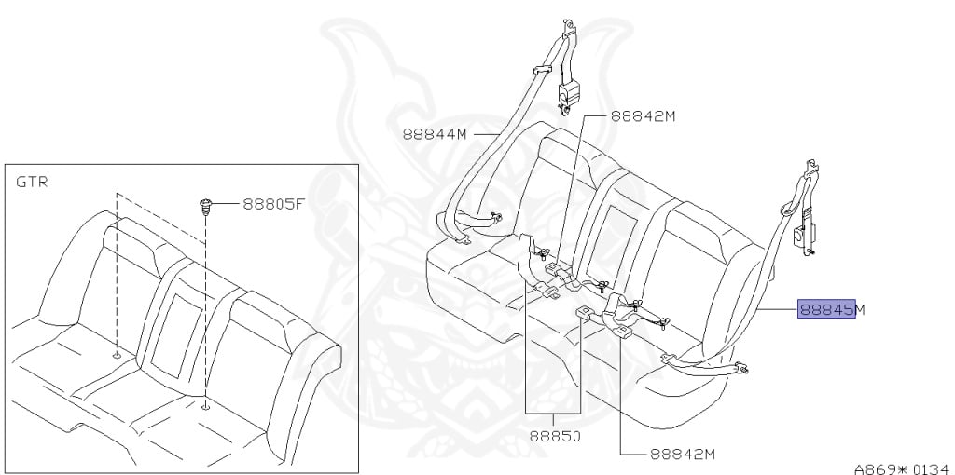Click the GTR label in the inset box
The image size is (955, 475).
click(x=33, y=182)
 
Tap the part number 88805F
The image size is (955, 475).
click(x=274, y=202)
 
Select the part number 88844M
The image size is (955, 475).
click(x=435, y=134)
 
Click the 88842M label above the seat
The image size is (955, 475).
click(x=643, y=116)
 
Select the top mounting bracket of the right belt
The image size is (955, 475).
click(x=810, y=171)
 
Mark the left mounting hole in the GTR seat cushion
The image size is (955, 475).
click(x=117, y=355)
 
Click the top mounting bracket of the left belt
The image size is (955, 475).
click(x=566, y=51)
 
